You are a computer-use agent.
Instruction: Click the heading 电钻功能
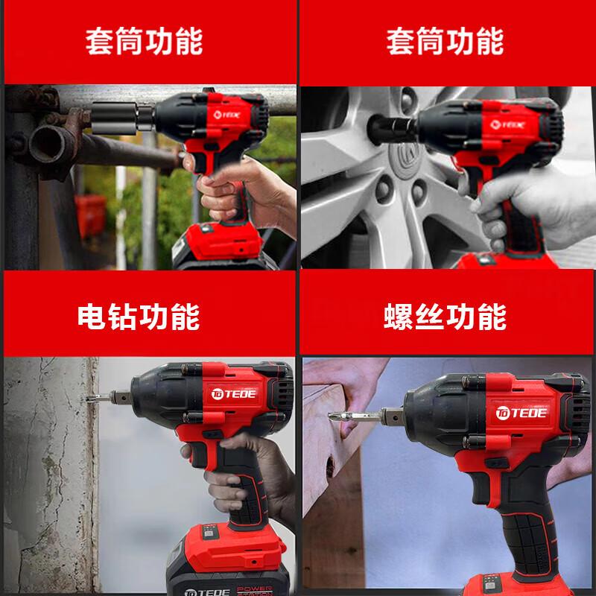(139, 317)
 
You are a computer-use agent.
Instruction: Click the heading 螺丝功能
(445, 317)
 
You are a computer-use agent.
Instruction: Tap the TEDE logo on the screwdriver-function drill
(521, 413)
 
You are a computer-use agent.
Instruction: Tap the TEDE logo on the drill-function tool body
(233, 394)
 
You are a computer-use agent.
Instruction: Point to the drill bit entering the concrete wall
(98, 399)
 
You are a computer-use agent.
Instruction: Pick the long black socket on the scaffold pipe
(122, 118)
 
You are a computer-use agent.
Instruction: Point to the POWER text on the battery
(254, 589)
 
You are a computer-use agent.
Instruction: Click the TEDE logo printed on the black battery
(207, 592)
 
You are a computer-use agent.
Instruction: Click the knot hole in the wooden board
(330, 467)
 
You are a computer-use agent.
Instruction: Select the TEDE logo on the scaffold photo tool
(227, 115)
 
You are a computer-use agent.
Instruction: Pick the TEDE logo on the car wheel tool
(507, 124)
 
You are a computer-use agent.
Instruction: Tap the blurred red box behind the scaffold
(90, 215)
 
